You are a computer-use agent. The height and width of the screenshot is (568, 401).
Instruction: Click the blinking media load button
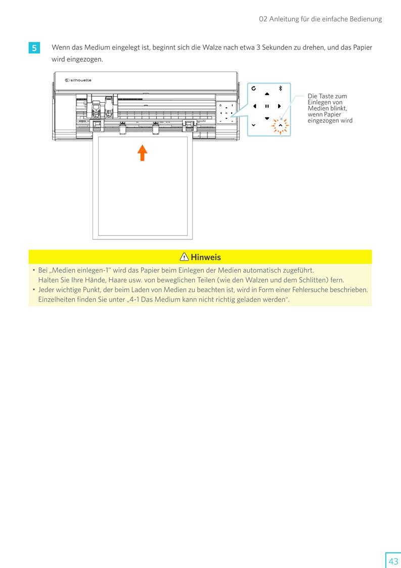point(280,125)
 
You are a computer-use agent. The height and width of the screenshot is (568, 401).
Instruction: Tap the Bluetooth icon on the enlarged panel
point(280,88)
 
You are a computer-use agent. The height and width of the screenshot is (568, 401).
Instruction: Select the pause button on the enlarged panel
point(266,106)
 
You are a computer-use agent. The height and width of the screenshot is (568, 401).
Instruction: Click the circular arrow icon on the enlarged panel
point(253,88)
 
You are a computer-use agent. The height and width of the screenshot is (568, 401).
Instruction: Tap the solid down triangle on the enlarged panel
point(267,118)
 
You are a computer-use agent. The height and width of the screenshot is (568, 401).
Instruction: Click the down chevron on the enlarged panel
point(253,125)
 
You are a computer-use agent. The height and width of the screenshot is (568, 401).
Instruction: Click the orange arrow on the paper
point(143,152)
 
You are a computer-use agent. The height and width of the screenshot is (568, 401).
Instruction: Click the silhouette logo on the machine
point(78,80)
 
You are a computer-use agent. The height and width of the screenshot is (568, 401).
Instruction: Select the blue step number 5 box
point(34,48)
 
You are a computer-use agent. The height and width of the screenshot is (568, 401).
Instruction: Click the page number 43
point(393,561)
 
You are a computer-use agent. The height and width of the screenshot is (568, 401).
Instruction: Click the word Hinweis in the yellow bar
point(205,257)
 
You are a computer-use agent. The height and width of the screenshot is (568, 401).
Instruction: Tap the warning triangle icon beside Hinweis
point(185,257)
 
